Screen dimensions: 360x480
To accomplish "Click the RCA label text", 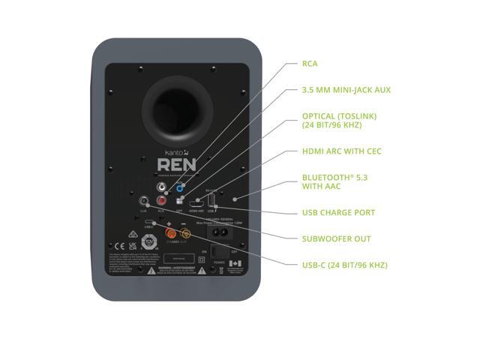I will pos(310,64).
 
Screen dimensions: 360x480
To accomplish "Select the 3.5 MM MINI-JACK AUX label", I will pos(346,90).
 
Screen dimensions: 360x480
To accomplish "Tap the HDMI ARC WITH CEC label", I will pos(341,151).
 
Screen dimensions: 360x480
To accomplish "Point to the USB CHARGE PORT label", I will pos(337,213).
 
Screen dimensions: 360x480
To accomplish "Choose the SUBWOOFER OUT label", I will pos(336,239).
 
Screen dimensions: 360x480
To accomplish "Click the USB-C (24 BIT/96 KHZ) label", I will pos(344,265).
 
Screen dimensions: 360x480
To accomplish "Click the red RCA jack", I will pos(162,201).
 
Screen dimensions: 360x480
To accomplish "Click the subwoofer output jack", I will pos(143,201).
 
